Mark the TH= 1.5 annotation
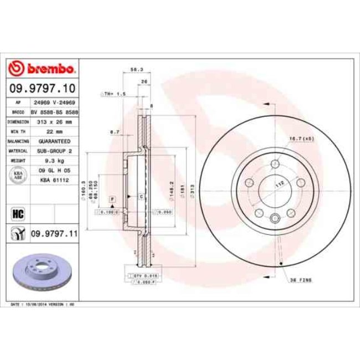pos(115,94)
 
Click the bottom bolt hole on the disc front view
pos(275,219)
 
